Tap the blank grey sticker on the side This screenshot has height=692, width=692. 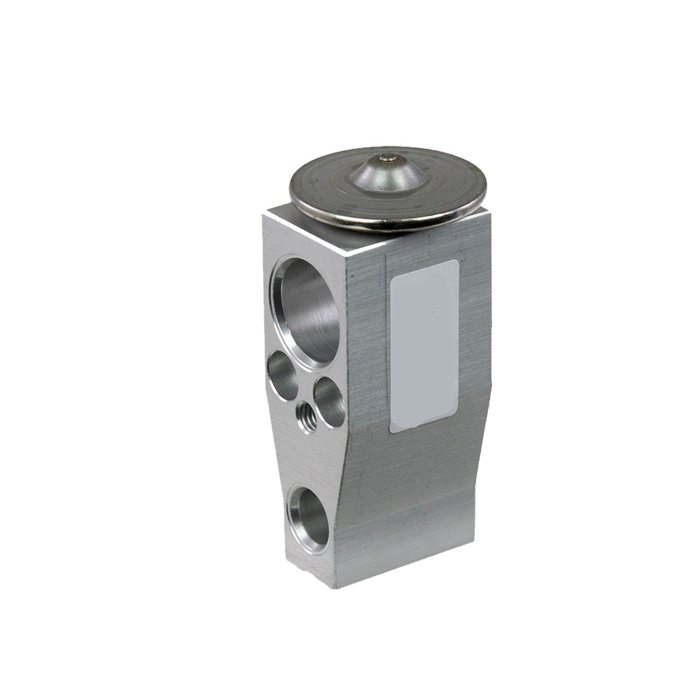[424, 346]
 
